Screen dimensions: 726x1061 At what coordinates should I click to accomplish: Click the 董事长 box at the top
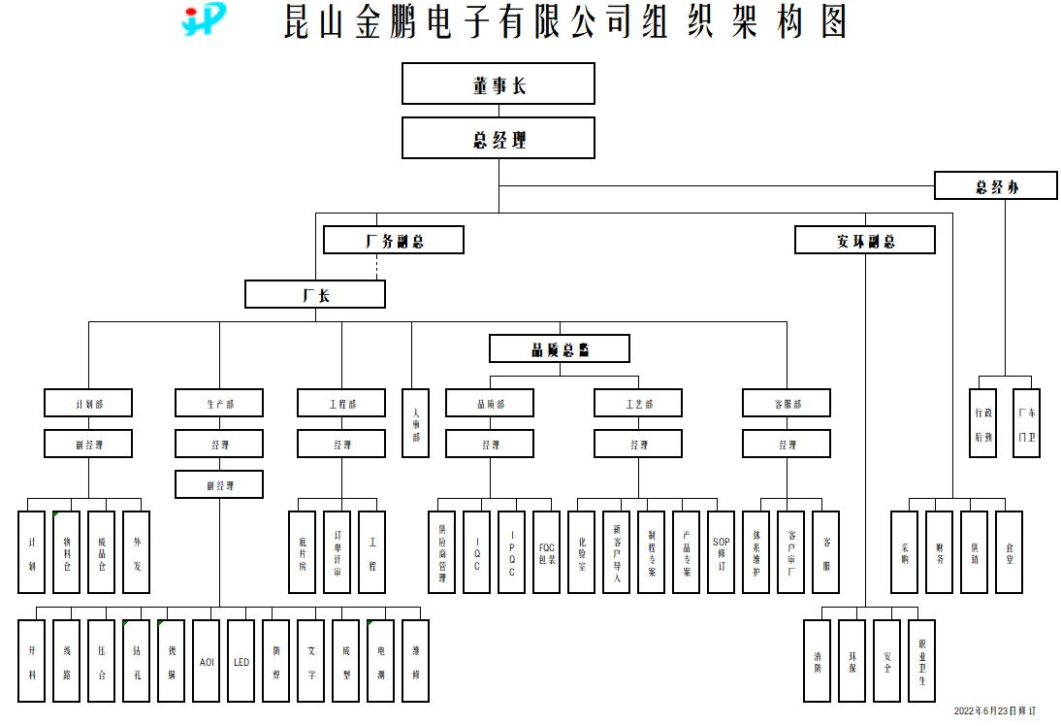(x=498, y=83)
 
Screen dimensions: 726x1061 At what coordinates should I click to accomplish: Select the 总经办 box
(x=995, y=185)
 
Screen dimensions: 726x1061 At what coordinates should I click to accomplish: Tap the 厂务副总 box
(x=394, y=240)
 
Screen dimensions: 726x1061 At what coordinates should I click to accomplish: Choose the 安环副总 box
(x=865, y=240)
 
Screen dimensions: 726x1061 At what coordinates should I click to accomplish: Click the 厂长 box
(x=315, y=294)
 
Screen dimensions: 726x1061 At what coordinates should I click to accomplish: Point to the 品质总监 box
(x=560, y=348)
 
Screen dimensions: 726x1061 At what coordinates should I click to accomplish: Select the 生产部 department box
(x=219, y=403)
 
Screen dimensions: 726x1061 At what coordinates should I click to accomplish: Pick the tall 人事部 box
(x=416, y=423)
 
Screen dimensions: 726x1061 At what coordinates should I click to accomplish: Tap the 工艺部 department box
(x=638, y=403)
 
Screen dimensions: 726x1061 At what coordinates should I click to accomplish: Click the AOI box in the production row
(x=207, y=661)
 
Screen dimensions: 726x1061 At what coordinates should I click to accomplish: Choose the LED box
(x=241, y=661)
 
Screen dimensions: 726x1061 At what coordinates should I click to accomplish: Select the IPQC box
(x=511, y=552)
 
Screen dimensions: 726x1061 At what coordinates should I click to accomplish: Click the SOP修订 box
(x=721, y=552)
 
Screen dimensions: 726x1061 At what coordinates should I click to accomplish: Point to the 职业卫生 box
(x=921, y=661)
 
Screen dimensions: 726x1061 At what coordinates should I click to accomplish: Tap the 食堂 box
(x=1009, y=552)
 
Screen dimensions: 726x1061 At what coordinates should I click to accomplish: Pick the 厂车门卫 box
(x=1026, y=423)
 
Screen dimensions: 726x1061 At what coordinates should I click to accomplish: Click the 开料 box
(x=32, y=661)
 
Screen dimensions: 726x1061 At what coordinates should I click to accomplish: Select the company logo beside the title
(x=204, y=19)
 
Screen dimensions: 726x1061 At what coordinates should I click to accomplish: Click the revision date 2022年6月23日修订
(x=994, y=712)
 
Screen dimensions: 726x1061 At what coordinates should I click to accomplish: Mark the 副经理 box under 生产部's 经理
(x=219, y=484)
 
